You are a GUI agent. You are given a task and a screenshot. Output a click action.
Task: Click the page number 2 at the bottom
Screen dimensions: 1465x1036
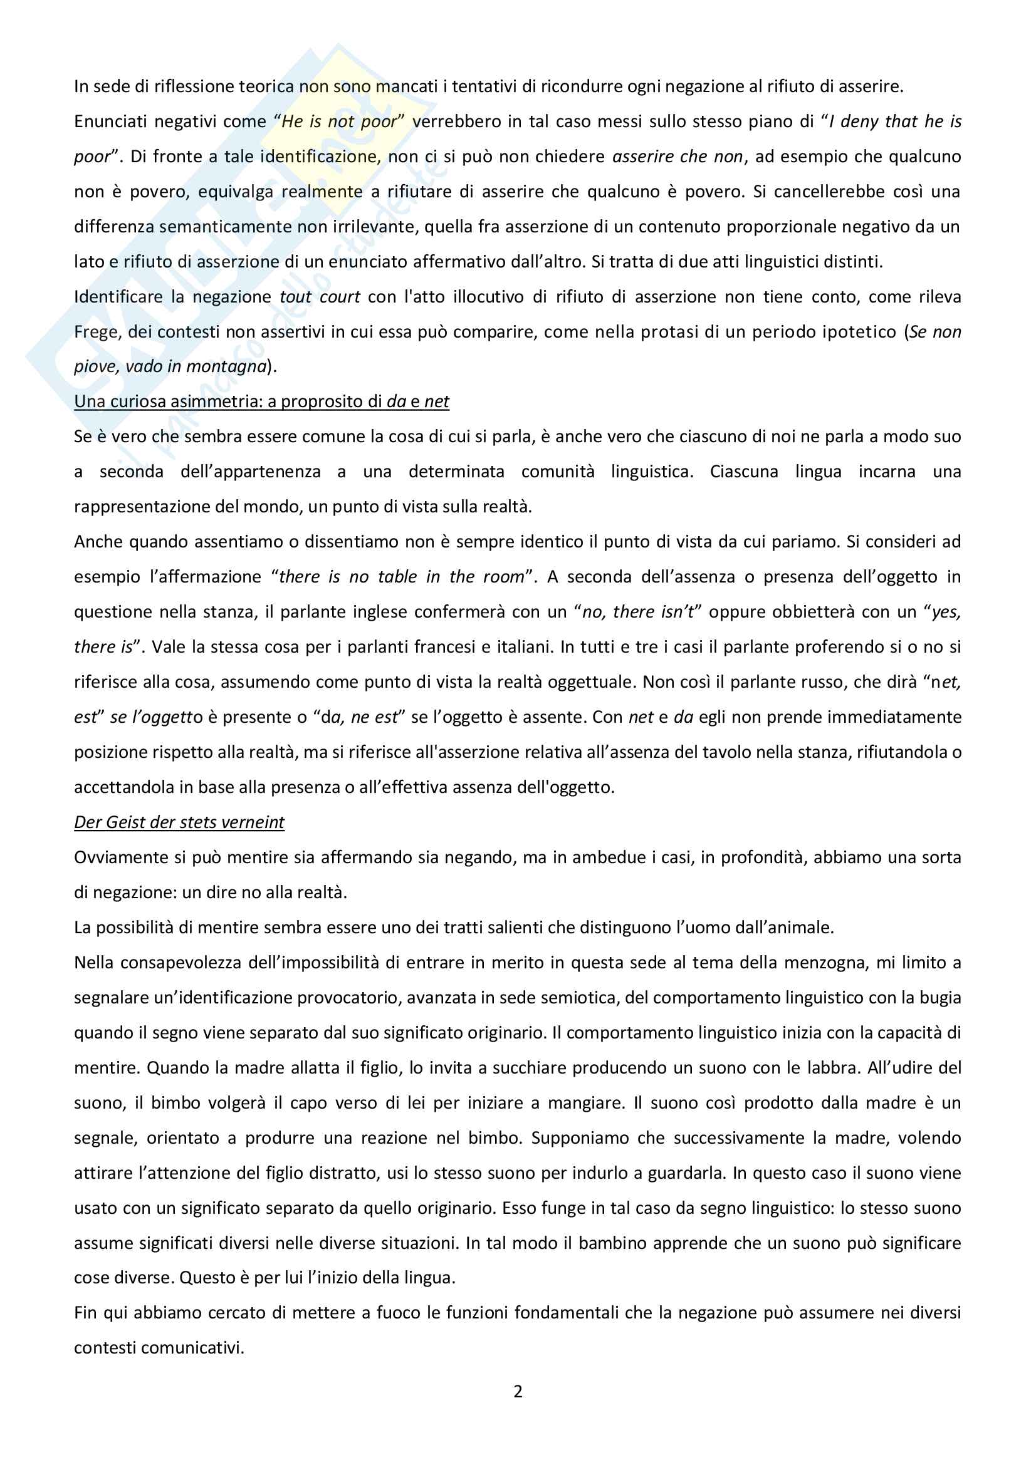coord(518,1391)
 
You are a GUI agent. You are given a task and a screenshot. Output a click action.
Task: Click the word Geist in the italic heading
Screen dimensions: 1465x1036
coord(125,822)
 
